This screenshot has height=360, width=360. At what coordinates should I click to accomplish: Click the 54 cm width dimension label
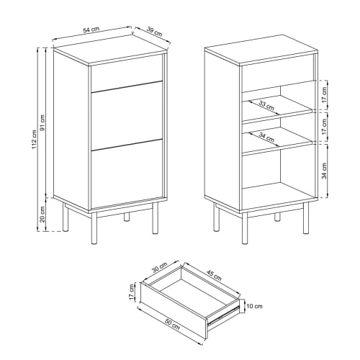(x=90, y=30)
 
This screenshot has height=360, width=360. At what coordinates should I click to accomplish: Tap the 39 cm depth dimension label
(x=153, y=33)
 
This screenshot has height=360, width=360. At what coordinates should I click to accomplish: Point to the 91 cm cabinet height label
(x=43, y=123)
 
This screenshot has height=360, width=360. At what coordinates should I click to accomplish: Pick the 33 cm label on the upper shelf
(x=266, y=106)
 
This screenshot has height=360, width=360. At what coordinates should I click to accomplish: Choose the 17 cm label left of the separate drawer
(x=131, y=292)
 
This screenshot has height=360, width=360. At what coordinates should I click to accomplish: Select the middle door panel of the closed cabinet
(x=126, y=120)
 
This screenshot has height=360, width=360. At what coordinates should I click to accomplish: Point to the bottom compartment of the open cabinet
(x=277, y=176)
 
